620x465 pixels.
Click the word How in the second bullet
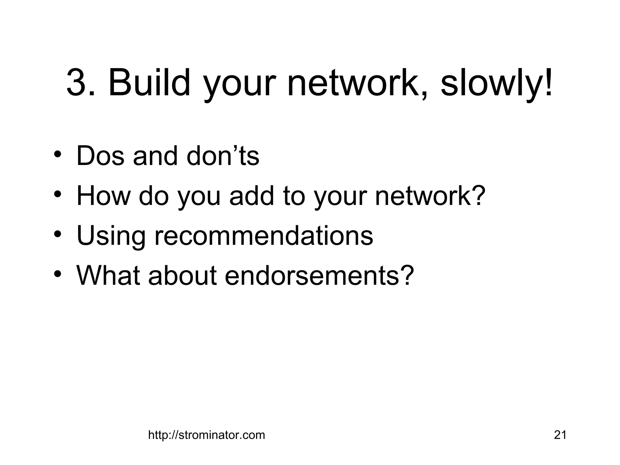(103, 196)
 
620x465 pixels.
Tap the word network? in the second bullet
(430, 196)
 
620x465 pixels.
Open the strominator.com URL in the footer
(206, 435)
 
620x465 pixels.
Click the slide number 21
(560, 435)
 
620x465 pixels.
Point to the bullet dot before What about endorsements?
(58, 273)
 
